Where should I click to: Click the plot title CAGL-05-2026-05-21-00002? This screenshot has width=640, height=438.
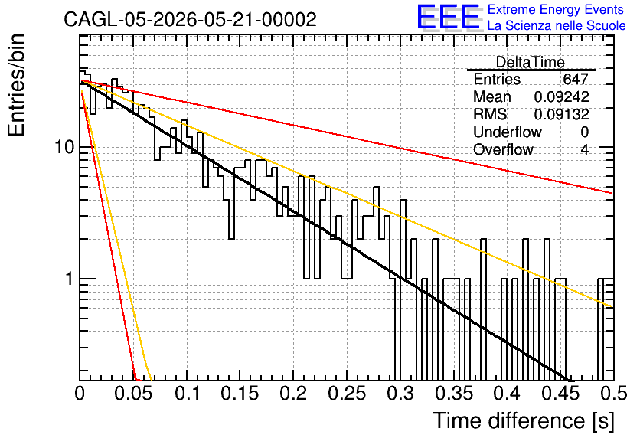190,19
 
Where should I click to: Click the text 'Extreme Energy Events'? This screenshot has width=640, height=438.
556,9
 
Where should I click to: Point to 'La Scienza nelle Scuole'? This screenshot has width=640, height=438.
557,25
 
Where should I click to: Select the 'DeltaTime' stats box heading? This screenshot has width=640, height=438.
531,62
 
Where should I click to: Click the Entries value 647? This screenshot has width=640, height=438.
576,79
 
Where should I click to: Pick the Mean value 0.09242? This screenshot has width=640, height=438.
561,96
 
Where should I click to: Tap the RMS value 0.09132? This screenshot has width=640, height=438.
561,114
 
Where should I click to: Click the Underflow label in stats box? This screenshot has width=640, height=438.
508,132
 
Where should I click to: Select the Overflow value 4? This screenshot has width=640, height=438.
584,149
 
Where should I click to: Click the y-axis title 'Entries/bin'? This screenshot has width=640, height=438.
17,86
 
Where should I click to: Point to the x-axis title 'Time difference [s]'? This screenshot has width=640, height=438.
524,420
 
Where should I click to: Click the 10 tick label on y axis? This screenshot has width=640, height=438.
65,147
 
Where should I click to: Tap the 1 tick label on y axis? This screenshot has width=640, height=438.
69,279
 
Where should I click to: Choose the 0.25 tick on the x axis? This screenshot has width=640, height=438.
348,394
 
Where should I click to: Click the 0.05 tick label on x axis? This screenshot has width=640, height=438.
133,394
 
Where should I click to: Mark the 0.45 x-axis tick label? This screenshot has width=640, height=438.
561,394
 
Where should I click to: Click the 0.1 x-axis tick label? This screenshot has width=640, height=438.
187,394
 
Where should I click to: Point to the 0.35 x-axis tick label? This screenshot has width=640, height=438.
454,394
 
